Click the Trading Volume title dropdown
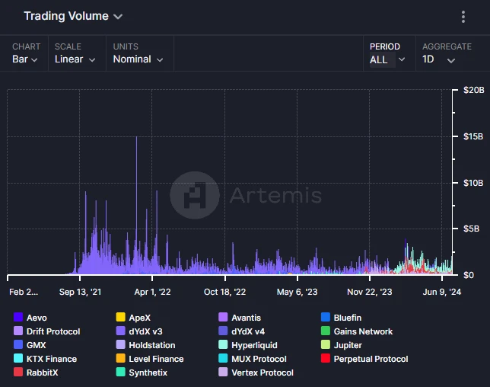pyautogui.click(x=72, y=16)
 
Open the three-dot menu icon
pyautogui.click(x=463, y=17)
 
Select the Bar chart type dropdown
pyautogui.click(x=26, y=59)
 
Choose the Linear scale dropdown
pyautogui.click(x=75, y=59)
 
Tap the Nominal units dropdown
pyautogui.click(x=137, y=59)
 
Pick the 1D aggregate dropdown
pyautogui.click(x=439, y=59)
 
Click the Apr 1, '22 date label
pyautogui.click(x=153, y=292)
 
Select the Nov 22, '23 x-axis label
pyautogui.click(x=370, y=292)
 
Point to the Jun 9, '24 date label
pyautogui.click(x=442, y=292)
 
